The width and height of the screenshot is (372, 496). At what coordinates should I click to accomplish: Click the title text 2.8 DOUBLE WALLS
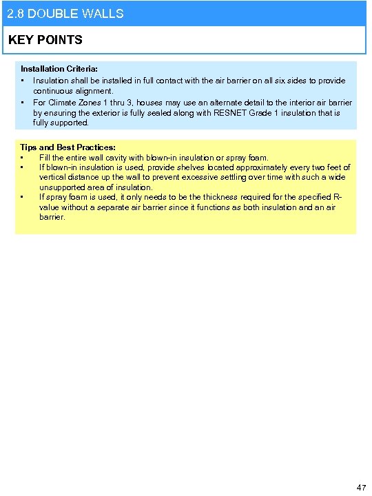(x=65, y=14)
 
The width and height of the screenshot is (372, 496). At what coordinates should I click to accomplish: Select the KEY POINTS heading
(x=45, y=40)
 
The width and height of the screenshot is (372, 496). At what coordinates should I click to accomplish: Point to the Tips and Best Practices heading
(x=68, y=147)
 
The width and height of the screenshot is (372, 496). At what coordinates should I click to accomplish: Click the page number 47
(x=361, y=487)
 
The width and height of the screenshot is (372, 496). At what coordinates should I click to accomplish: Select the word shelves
(x=183, y=167)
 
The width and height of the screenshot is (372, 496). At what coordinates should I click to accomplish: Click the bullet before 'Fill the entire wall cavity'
(x=23, y=158)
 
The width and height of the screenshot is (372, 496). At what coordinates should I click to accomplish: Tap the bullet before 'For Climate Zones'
(x=23, y=103)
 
